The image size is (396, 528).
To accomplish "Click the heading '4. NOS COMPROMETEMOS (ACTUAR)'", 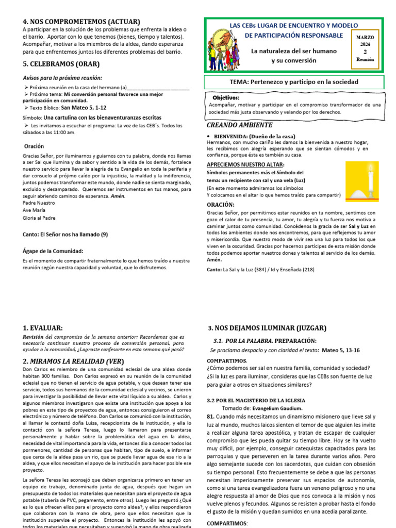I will click(x=81, y=22).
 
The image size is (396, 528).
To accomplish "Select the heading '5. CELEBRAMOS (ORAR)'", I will click(x=61, y=64).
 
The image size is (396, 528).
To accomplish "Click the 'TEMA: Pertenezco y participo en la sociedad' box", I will click(x=293, y=82).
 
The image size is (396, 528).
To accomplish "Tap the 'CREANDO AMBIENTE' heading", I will click(x=239, y=125).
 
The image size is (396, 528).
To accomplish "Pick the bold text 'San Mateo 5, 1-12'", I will click(x=84, y=108).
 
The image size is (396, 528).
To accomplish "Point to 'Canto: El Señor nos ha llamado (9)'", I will click(x=65, y=235).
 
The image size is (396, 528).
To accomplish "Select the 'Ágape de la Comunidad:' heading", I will click(x=53, y=251).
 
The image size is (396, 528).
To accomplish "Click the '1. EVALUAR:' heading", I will click(x=43, y=328).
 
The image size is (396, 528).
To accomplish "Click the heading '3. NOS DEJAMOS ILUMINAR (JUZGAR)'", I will click(x=267, y=328).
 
